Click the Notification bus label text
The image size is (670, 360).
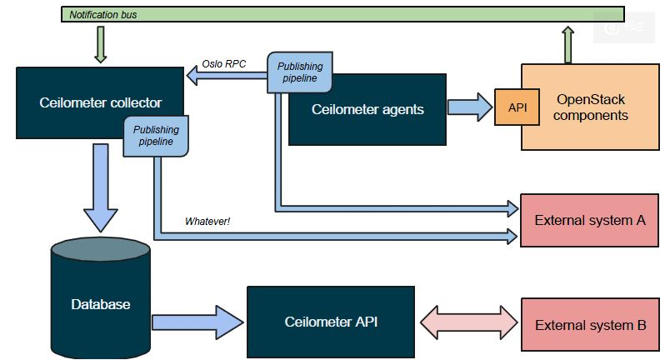[103, 15]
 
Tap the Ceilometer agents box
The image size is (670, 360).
[367, 109]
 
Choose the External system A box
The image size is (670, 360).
[589, 221]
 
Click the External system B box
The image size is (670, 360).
[589, 324]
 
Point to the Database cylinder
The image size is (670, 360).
[101, 303]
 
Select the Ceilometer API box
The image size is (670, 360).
[331, 322]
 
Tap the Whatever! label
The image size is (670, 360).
[207, 222]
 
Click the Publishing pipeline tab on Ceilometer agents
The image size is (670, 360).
[299, 72]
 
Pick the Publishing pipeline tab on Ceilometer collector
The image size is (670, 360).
[156, 136]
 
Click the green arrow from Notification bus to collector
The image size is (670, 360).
[101, 44]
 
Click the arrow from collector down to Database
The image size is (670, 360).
[101, 187]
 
